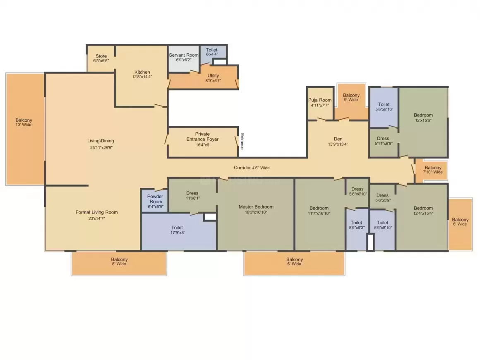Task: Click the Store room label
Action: pyautogui.click(x=101, y=56)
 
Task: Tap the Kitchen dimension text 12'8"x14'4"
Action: pyautogui.click(x=142, y=77)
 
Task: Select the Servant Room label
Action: pyautogui.click(x=184, y=55)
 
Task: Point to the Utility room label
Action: pyautogui.click(x=213, y=76)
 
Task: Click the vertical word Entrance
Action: pyautogui.click(x=242, y=141)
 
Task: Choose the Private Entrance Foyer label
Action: pyautogui.click(x=203, y=137)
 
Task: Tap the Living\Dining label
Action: pyautogui.click(x=101, y=141)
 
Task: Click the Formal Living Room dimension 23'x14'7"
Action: pyautogui.click(x=96, y=218)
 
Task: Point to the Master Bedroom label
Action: pyautogui.click(x=256, y=207)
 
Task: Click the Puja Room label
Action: pyautogui.click(x=320, y=100)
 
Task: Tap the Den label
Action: pyautogui.click(x=338, y=139)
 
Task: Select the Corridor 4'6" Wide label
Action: pyautogui.click(x=252, y=168)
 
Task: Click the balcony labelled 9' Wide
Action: pyautogui.click(x=351, y=102)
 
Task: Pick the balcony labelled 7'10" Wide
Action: pyautogui.click(x=431, y=170)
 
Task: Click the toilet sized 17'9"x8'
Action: pyautogui.click(x=179, y=232)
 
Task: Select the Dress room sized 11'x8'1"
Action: pyautogui.click(x=192, y=195)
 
